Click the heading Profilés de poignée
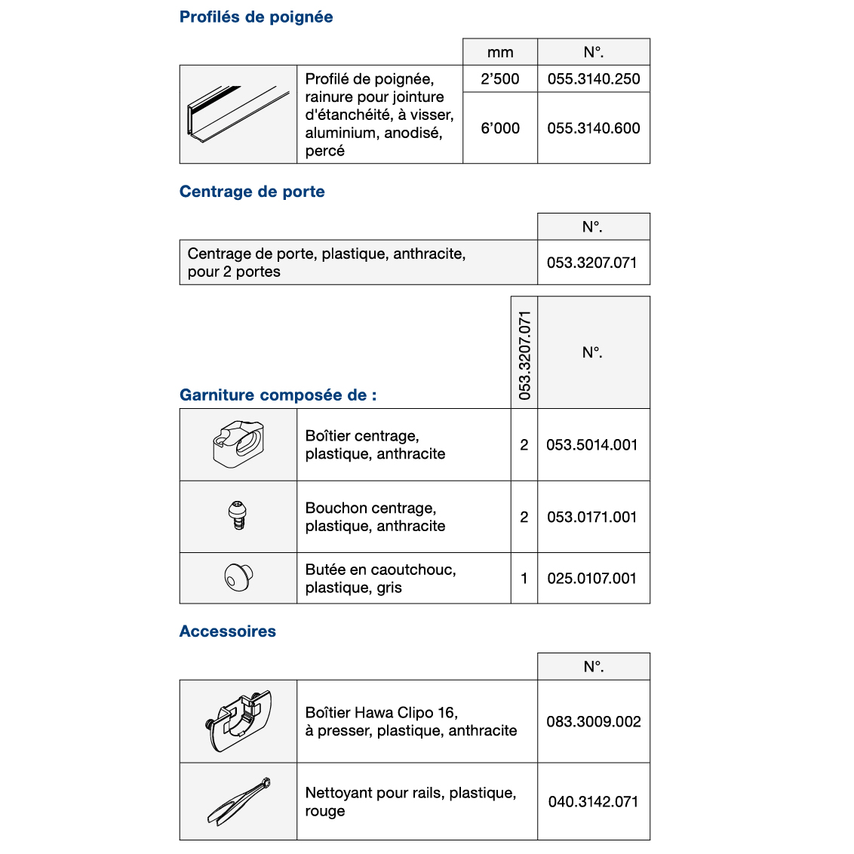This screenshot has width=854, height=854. click(256, 17)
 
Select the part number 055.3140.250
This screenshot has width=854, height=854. click(593, 79)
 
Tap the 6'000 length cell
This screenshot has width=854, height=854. click(500, 128)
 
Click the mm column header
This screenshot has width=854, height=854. click(500, 53)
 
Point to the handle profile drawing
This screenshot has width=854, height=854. click(238, 114)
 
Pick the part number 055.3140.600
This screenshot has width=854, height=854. click(593, 128)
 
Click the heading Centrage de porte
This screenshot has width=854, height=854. click(252, 192)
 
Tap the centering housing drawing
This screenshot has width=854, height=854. click(238, 444)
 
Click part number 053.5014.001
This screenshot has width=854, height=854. click(592, 445)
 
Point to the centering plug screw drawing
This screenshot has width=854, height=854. click(238, 516)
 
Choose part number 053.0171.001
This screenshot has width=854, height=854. click(592, 518)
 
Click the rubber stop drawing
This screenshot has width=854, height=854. click(238, 578)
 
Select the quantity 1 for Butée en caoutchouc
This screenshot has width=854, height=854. click(524, 579)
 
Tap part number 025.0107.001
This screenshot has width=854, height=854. click(592, 579)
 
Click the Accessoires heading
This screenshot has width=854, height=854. click(228, 631)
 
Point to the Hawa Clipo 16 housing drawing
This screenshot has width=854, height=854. click(238, 720)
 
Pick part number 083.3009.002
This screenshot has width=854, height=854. click(594, 722)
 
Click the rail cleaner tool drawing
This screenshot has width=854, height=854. click(238, 800)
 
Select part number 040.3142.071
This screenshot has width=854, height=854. click(594, 802)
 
